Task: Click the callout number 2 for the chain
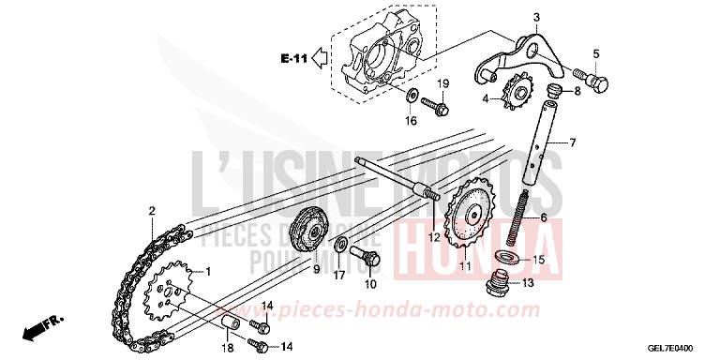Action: click(x=151, y=212)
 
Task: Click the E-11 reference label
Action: click(x=292, y=59)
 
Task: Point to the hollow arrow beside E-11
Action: click(x=320, y=59)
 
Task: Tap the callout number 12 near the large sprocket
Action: click(x=434, y=238)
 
